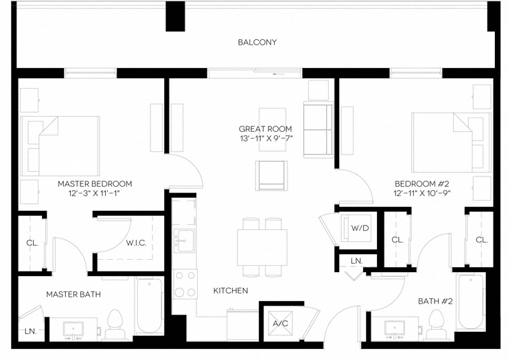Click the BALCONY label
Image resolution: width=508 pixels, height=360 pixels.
[x=257, y=42]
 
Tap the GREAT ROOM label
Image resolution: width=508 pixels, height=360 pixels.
[x=265, y=128]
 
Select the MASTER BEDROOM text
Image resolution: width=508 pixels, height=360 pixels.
[x=95, y=183]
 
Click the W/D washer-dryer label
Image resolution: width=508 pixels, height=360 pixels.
[x=359, y=227]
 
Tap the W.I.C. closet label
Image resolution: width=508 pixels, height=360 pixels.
[x=136, y=243]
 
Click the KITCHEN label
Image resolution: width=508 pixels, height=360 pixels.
[x=231, y=291]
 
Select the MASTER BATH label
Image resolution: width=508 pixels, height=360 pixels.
[x=73, y=294]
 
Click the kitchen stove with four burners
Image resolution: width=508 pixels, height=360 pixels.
[x=184, y=284]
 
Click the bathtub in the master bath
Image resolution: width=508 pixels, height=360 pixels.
[x=148, y=305]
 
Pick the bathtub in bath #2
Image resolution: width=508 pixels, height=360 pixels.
[x=471, y=301]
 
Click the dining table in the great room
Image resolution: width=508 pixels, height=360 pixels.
[x=262, y=245]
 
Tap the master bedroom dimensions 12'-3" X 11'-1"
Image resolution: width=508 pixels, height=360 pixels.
[x=95, y=194]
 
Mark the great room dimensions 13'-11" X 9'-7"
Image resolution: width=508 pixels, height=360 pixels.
[x=265, y=139]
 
